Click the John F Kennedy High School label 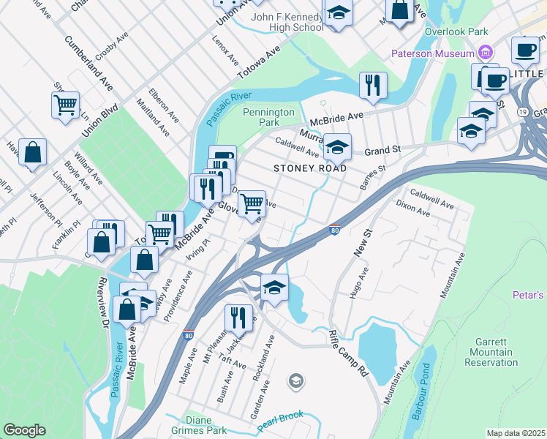coord(286,22)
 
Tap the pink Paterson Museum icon coord(484,53)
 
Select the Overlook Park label coord(457,33)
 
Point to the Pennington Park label coord(268,117)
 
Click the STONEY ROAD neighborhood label coord(310,168)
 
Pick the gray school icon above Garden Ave coord(295,380)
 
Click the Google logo coord(24,430)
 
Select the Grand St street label coord(383,151)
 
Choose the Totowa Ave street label coord(258,63)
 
